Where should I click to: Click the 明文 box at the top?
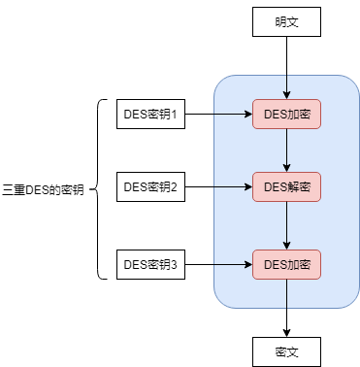(x=286, y=22)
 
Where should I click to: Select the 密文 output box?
(x=286, y=351)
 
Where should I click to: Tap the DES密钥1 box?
(x=150, y=114)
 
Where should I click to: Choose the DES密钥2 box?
(x=150, y=187)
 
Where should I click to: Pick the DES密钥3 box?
(x=150, y=264)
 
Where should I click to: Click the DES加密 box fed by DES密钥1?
(x=286, y=114)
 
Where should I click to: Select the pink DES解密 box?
(x=286, y=187)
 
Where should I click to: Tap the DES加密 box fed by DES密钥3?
(x=286, y=264)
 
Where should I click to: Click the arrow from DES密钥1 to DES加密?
(x=218, y=114)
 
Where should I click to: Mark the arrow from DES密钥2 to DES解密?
(x=218, y=187)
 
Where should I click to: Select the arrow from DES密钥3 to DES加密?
(x=218, y=264)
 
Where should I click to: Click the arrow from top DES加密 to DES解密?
(x=286, y=150)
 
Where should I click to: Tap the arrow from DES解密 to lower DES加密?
(x=286, y=225)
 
